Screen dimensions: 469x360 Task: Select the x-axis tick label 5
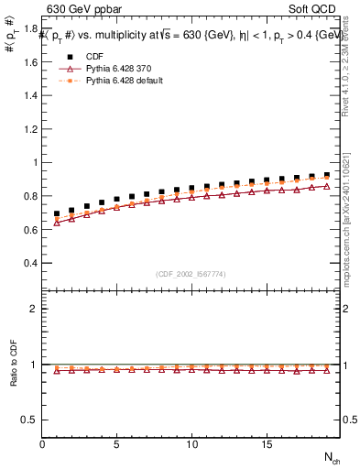click(117, 444)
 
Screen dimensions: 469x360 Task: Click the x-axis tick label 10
click(191, 444)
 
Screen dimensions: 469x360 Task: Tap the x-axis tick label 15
click(267, 444)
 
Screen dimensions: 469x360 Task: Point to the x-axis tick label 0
click(42, 444)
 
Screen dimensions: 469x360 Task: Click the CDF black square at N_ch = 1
click(57, 214)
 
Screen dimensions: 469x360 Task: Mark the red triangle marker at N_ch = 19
click(326, 186)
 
